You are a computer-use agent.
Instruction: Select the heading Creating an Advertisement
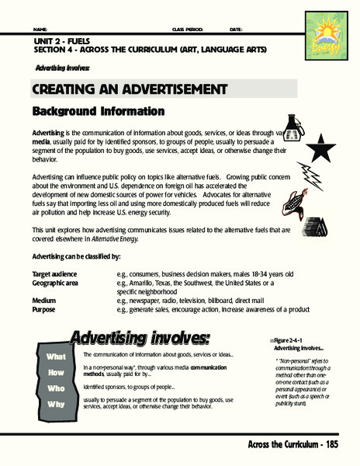(110, 89)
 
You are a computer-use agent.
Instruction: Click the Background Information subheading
(98, 111)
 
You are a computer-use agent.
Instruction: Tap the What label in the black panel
(57, 356)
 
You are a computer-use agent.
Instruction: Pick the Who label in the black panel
(57, 387)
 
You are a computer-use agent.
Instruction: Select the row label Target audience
(56, 274)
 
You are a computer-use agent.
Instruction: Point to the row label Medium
(44, 300)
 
